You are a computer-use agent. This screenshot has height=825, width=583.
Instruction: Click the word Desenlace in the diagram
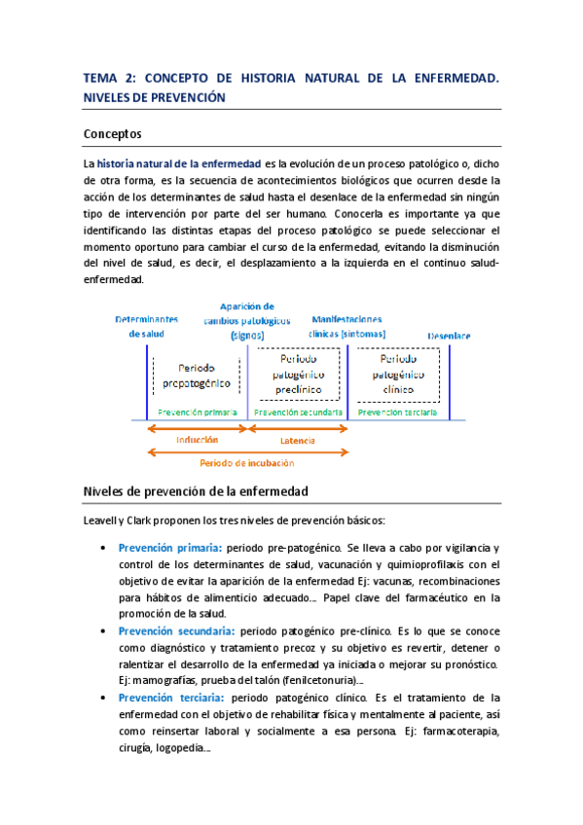449,337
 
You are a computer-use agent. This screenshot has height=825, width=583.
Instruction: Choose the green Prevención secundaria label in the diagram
298,412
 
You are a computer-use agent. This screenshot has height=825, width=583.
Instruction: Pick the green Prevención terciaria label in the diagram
397,412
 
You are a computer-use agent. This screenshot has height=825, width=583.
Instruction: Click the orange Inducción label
197,440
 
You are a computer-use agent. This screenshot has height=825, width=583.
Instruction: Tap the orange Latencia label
298,441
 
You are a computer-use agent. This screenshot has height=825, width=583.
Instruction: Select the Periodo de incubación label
246,463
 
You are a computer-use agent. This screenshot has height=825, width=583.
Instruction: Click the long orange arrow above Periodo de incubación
246,451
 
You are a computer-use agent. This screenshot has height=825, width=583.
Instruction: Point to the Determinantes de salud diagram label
147,326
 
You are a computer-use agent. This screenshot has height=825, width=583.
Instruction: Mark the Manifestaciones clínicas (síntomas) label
347,327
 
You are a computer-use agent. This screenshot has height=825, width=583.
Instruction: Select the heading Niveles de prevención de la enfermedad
196,491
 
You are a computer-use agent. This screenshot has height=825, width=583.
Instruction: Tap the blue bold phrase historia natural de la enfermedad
179,163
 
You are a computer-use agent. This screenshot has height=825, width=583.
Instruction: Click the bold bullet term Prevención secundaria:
176,630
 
